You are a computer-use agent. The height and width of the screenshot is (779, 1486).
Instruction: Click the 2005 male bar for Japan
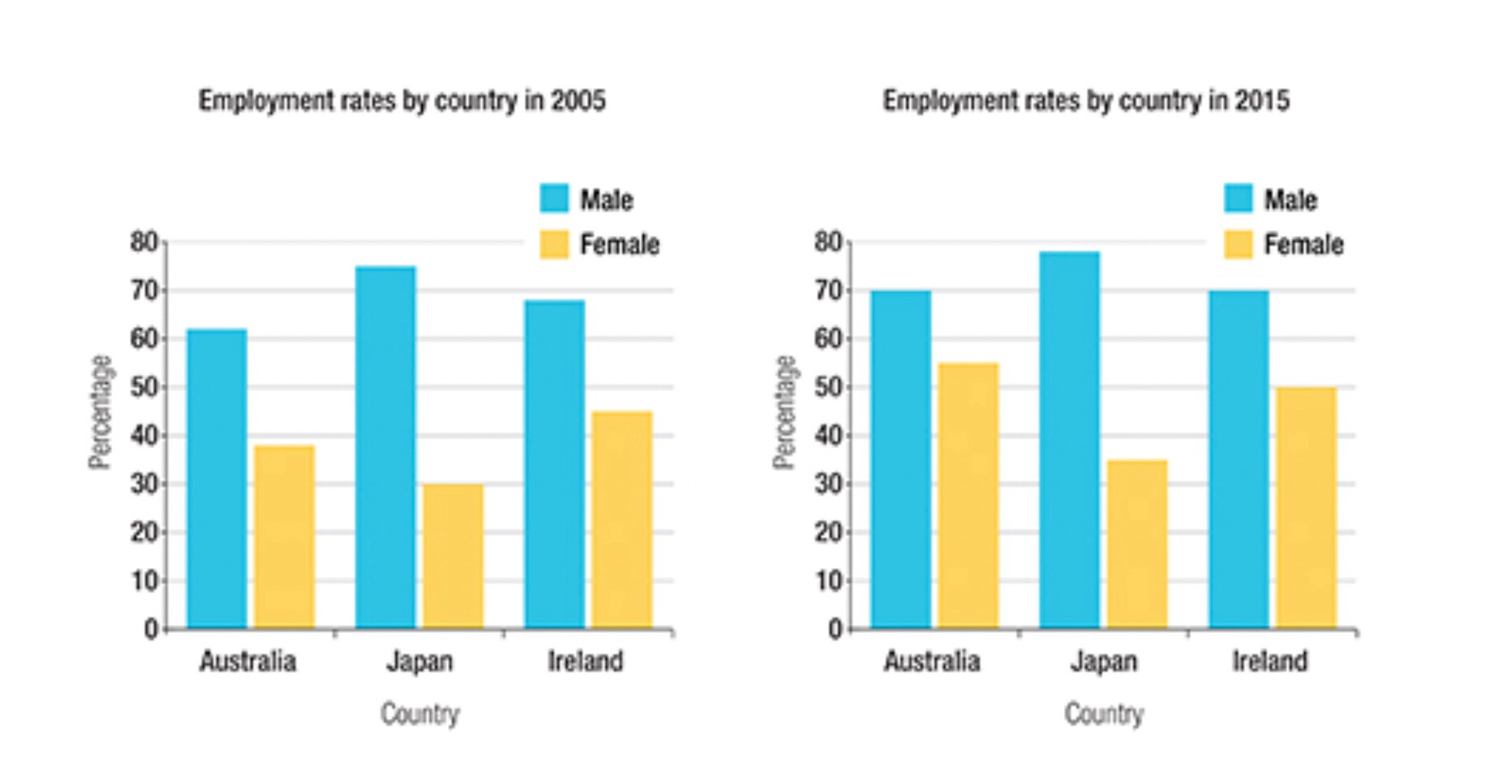click(x=385, y=447)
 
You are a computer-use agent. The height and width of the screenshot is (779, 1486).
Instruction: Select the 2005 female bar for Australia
click(x=284, y=536)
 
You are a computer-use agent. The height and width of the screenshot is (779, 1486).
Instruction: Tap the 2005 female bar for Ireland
click(x=621, y=519)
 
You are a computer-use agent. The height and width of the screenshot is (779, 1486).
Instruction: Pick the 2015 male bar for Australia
click(x=900, y=459)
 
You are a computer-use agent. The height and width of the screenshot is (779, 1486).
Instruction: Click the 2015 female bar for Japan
click(x=1137, y=544)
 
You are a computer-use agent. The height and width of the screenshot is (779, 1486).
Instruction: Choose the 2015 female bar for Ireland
click(x=1306, y=508)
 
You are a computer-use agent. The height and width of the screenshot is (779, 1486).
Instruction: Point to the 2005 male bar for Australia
click(x=217, y=479)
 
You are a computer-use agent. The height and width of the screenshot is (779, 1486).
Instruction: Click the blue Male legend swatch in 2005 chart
click(x=555, y=199)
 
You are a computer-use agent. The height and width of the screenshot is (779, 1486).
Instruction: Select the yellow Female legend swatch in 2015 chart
click(x=1239, y=244)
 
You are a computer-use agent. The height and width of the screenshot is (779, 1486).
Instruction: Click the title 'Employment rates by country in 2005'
click(x=402, y=101)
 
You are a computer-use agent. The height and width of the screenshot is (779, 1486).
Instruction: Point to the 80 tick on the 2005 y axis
click(x=144, y=242)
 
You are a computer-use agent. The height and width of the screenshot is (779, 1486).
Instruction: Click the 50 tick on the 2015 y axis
click(x=829, y=387)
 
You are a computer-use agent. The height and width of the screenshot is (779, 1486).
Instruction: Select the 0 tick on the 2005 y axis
click(x=151, y=630)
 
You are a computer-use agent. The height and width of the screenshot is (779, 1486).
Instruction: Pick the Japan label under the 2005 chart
click(x=419, y=661)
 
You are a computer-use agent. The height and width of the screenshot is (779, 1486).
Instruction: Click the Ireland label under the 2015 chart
click(x=1270, y=661)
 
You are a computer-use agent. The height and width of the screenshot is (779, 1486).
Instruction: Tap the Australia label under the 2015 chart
click(x=932, y=661)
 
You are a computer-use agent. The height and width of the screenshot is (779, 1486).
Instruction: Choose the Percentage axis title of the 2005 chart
click(x=101, y=412)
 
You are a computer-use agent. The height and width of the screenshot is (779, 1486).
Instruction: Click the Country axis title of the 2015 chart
click(x=1104, y=714)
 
